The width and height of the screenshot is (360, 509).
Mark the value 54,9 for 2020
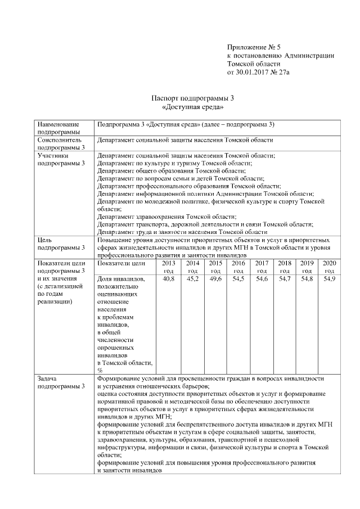point(330,280)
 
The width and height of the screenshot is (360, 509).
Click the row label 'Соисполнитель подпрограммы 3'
point(61,143)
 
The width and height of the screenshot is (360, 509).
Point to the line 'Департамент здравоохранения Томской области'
point(166,216)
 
